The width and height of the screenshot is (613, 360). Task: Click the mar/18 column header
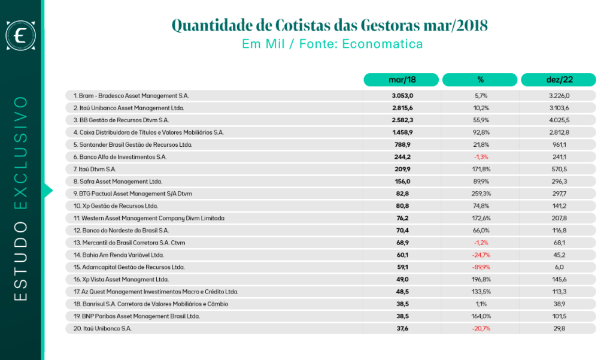coord(401,80)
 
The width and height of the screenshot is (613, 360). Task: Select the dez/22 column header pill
coord(559,80)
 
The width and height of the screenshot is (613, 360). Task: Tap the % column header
coord(480,80)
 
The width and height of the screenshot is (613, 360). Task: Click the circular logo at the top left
coord(21,35)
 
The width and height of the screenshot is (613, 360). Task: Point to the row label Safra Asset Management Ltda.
coord(121,181)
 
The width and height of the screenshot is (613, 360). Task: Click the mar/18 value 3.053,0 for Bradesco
coord(402,96)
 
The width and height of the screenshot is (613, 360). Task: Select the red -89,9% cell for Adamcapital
coord(481,267)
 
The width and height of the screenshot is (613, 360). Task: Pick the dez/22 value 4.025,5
coord(559,120)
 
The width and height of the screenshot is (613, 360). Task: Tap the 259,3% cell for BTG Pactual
coord(481,193)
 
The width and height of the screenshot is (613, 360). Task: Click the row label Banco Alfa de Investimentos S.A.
coord(123,157)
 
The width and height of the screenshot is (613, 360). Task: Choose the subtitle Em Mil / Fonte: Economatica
coord(332,44)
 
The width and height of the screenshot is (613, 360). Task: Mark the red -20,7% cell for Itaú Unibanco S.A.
coord(481,329)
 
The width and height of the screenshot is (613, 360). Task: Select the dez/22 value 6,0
coord(559,267)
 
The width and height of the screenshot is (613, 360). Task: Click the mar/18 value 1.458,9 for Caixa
coord(402,132)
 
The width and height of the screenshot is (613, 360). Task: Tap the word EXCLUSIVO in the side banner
coord(21,153)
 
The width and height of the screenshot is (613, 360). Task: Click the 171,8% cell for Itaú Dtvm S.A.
coord(481,170)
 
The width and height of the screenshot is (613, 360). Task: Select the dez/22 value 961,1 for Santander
coord(559,145)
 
